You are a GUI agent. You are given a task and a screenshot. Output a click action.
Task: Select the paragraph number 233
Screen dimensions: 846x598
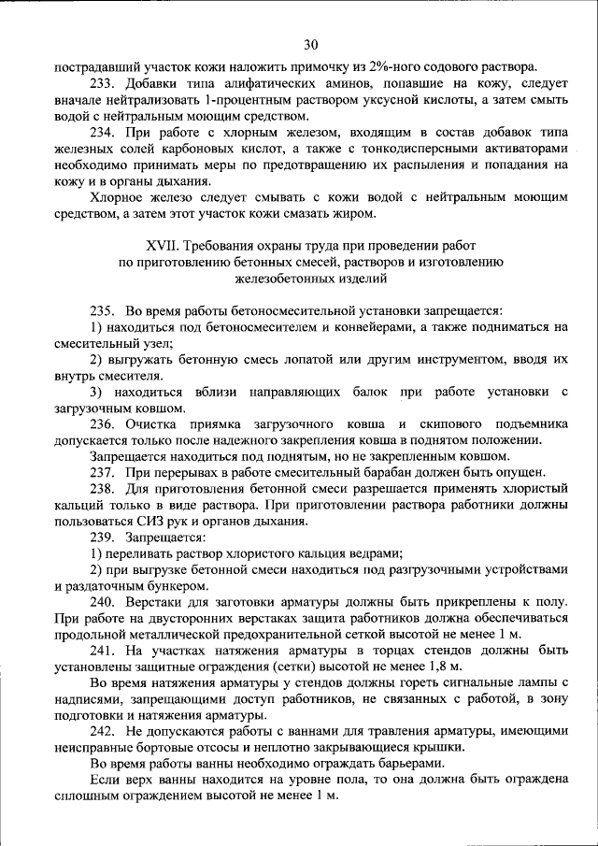102,84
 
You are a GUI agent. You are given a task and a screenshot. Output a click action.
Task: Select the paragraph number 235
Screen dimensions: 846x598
102,310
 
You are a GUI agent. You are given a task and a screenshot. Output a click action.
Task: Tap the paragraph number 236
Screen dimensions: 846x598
102,423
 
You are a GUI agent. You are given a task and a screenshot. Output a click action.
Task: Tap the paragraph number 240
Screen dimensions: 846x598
102,601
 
